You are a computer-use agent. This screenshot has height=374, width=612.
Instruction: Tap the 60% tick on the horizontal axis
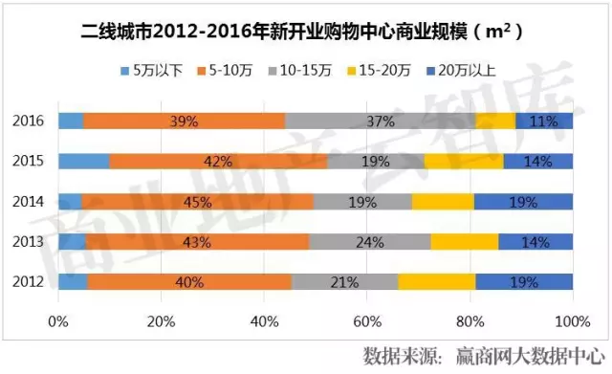pyautogui.click(x=367, y=319)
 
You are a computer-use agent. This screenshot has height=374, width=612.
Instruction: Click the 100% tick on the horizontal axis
pyautogui.click(x=572, y=319)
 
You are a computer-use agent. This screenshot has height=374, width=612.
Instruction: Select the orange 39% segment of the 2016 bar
pyautogui.click(x=184, y=121)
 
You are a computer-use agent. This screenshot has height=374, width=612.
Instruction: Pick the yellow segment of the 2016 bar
pyautogui.click(x=494, y=121)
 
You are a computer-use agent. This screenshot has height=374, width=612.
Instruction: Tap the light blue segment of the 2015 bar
pyautogui.click(x=83, y=162)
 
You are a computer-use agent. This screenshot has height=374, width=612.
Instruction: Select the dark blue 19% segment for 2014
pyautogui.click(x=523, y=201)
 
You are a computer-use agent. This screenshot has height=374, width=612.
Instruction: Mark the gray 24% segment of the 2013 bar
pyautogui.click(x=369, y=241)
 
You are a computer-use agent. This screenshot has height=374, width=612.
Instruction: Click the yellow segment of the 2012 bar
pyautogui.click(x=436, y=281)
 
